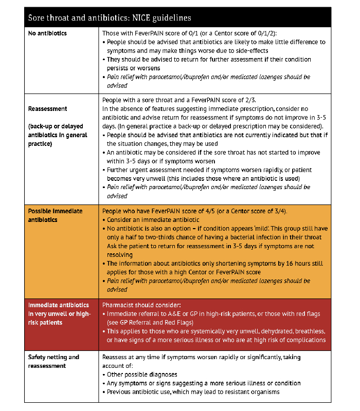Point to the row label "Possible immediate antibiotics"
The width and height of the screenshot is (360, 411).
[x=55, y=215]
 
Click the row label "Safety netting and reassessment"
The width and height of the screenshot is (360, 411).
[x=53, y=361]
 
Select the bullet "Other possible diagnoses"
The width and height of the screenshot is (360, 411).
[x=141, y=375]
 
